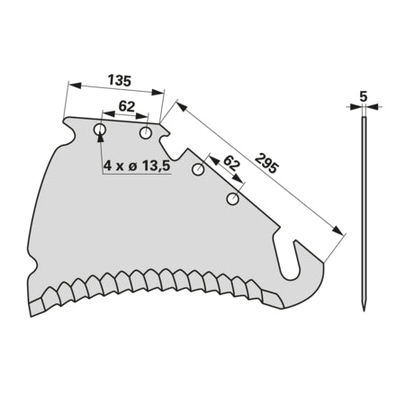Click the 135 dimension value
coord(120,81)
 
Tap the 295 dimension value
coord(266,164)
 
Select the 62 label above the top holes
coord(126,106)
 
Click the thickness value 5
coord(364,96)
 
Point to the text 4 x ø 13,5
coord(137,165)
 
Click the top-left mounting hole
coord(100,130)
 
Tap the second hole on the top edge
coord(146,133)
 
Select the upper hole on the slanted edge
coord(198,170)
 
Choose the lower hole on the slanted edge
coord(232,199)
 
